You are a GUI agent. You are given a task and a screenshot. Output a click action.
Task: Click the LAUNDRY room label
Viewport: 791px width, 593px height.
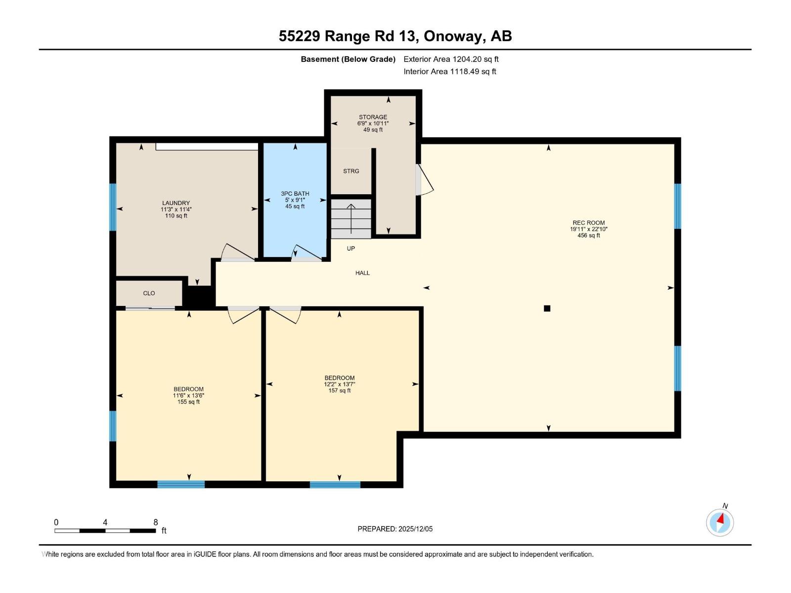tap(176, 203)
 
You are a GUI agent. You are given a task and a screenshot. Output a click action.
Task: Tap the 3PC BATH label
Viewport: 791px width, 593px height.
tap(295, 194)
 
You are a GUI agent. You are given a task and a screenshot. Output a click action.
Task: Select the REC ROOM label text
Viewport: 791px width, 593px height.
tap(588, 223)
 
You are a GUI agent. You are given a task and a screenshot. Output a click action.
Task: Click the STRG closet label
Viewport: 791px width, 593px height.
tap(351, 171)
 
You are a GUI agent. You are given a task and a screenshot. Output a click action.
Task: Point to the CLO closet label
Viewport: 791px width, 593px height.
tap(149, 293)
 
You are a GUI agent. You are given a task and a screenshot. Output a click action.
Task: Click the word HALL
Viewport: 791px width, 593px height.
tap(362, 273)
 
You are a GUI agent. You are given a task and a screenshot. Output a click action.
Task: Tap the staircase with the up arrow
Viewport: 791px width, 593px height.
tap(351, 219)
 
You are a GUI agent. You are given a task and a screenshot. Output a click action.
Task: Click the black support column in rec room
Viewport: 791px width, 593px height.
tap(547, 308)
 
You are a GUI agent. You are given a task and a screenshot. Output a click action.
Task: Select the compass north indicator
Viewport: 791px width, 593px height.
tap(720, 522)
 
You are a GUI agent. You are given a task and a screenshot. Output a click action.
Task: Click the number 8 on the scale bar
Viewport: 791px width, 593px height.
tap(156, 522)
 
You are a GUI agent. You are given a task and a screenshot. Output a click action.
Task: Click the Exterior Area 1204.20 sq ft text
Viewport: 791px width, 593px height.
tap(451, 59)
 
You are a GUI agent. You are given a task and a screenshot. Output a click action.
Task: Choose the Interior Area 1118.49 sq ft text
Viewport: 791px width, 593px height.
tap(449, 72)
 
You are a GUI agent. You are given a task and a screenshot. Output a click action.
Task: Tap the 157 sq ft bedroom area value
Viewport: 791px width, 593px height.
tap(339, 391)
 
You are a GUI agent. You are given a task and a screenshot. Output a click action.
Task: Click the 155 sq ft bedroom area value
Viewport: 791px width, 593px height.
tap(188, 402)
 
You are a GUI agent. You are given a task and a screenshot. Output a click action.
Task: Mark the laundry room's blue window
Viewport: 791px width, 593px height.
tap(113, 207)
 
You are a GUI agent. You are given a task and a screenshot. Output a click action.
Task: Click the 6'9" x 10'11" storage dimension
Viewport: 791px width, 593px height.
tap(373, 124)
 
